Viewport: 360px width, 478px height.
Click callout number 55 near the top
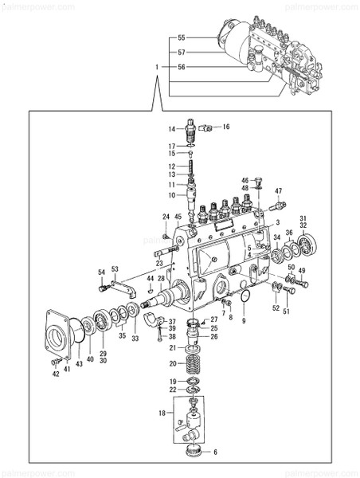[x=181, y=37]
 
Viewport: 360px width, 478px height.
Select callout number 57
[x=181, y=52]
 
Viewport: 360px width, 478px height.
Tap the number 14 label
[x=171, y=128]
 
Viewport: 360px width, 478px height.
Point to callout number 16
[x=225, y=127]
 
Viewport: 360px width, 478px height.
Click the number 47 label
[x=279, y=191]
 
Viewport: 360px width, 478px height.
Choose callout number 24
[x=166, y=217]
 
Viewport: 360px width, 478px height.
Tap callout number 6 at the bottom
[x=213, y=452]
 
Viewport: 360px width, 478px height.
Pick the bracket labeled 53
[x=122, y=286]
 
